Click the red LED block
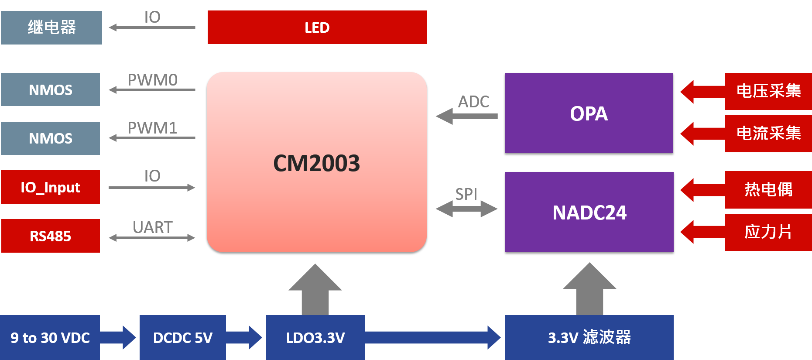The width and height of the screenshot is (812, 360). (x=317, y=27)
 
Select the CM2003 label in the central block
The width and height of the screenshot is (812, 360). (x=316, y=164)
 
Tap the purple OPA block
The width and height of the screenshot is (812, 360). (x=589, y=113)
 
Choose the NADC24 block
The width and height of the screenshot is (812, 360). (x=589, y=213)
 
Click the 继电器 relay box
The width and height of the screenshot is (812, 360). (x=51, y=27)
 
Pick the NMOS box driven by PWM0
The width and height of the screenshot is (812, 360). (x=51, y=90)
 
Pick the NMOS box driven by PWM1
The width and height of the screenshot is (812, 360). (x=51, y=138)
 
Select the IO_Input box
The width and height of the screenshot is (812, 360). (x=51, y=187)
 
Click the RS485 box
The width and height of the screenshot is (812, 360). (x=51, y=236)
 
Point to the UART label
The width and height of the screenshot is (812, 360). (x=153, y=227)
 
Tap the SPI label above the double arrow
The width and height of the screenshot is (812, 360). (x=466, y=194)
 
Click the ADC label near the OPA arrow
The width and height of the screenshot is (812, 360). (x=473, y=102)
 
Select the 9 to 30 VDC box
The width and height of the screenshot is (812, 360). (x=50, y=338)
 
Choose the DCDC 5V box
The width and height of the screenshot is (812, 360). (x=183, y=338)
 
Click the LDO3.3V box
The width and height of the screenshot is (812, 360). (x=315, y=338)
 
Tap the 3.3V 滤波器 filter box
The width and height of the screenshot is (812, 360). (x=589, y=338)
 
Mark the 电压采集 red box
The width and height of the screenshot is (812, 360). (x=768, y=91)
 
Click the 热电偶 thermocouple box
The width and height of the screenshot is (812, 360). (x=768, y=190)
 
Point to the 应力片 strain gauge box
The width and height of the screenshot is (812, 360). (x=768, y=232)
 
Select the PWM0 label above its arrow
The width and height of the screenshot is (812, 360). (x=153, y=80)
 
